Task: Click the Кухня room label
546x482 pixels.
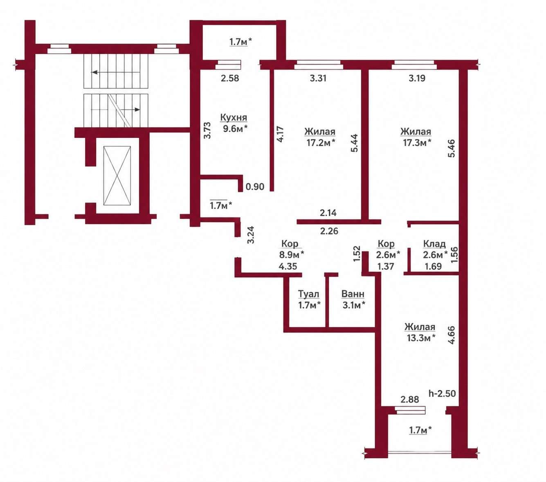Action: [x=234, y=117]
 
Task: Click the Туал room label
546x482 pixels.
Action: [x=308, y=294]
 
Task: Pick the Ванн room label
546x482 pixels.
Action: [x=353, y=294]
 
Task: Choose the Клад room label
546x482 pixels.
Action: [x=434, y=244]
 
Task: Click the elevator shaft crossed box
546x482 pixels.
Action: [x=117, y=176]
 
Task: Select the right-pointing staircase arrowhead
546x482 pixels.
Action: [x=137, y=110]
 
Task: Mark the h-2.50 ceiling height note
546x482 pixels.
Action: [x=442, y=393]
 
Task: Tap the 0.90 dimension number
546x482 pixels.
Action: [x=255, y=186]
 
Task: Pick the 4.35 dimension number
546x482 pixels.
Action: [x=288, y=266]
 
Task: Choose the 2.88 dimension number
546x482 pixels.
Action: [x=410, y=399]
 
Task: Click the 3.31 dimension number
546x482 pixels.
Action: [x=318, y=78]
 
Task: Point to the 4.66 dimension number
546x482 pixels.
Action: [x=451, y=335]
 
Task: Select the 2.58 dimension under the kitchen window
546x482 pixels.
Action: [x=230, y=78]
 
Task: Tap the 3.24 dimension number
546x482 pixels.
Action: [x=251, y=235]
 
